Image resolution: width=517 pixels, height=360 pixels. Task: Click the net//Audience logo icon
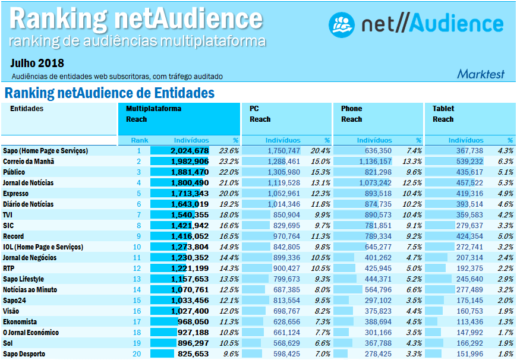(x=342, y=24)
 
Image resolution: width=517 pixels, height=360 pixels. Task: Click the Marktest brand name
(x=480, y=74)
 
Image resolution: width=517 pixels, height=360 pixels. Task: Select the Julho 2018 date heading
(x=37, y=64)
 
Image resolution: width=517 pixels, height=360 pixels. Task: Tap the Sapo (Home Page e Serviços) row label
(x=45, y=151)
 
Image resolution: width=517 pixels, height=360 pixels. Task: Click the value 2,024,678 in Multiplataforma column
(x=190, y=151)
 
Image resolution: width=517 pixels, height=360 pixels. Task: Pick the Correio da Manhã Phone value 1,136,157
(x=375, y=162)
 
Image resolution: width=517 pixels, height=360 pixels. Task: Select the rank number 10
(x=137, y=247)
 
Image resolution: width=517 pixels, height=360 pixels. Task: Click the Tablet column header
(x=443, y=109)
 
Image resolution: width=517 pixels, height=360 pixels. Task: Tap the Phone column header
(x=351, y=109)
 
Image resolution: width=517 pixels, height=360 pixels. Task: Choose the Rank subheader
(x=140, y=140)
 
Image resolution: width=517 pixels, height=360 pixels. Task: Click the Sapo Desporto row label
(x=24, y=354)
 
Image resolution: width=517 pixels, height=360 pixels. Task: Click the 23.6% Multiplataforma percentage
(x=229, y=151)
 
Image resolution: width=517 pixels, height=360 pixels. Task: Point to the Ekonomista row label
(x=21, y=322)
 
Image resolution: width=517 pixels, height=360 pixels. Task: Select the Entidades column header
(x=27, y=109)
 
